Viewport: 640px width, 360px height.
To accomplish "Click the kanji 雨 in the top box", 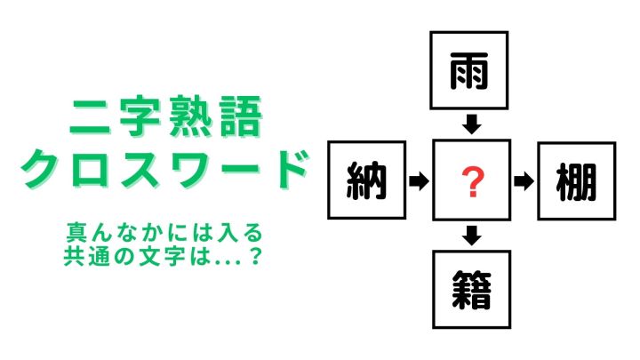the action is click(x=469, y=71).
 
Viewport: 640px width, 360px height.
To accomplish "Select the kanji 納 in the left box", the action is click(x=366, y=180).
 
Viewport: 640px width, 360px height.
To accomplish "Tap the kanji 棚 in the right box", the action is click(x=576, y=181).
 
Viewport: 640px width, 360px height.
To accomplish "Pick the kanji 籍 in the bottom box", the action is click(x=471, y=290).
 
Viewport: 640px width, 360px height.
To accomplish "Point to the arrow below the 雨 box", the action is click(x=471, y=124).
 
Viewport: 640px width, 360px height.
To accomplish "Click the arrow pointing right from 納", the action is click(x=420, y=180).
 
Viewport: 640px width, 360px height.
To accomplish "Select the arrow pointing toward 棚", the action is click(x=524, y=181).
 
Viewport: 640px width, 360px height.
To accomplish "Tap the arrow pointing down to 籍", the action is click(x=471, y=236).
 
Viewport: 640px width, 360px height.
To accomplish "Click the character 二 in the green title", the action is click(x=90, y=116).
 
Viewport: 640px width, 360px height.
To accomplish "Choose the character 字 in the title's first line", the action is click(x=140, y=116).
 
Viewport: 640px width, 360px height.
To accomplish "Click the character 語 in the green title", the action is click(x=240, y=116).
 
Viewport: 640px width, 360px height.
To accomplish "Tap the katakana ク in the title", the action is click(x=42, y=168).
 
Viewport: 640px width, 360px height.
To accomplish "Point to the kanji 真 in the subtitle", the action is click(x=75, y=232).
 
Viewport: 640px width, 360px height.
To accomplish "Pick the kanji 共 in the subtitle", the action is click(x=74, y=257).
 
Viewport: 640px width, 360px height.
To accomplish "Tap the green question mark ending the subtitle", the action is click(x=255, y=257).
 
